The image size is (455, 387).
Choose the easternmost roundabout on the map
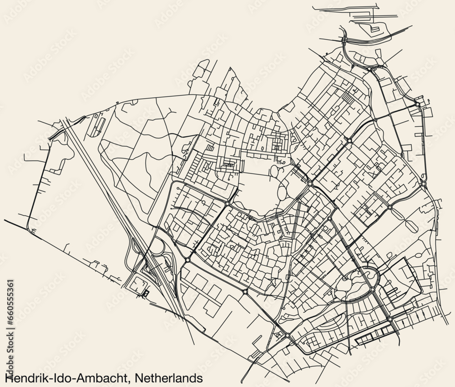pos(424,184)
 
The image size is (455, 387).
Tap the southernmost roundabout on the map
pos(288,336)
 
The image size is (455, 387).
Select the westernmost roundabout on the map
pos(187,260)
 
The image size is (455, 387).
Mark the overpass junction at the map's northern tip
pos(344,40)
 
